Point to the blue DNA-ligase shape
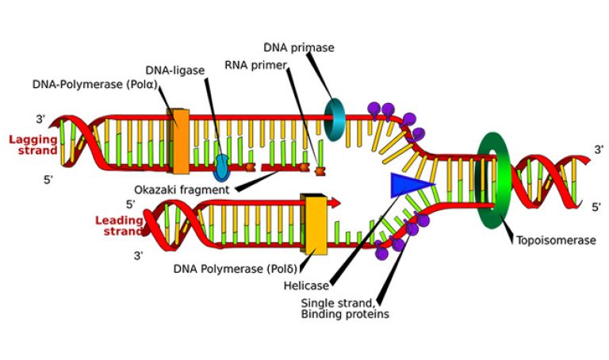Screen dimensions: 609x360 (x=222, y=168)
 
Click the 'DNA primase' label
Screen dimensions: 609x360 (x=299, y=48)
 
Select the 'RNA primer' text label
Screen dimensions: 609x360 (x=255, y=65)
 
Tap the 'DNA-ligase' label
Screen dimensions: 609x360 (x=174, y=71)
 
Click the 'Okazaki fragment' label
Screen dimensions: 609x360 (x=182, y=190)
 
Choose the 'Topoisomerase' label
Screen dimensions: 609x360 (x=556, y=240)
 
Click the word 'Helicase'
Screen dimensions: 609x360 (x=306, y=285)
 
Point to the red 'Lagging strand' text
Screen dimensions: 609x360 (x=33, y=145)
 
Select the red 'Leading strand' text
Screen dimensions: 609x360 (x=119, y=226)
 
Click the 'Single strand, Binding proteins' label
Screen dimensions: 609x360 (x=345, y=308)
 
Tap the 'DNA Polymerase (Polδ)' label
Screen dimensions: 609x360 (x=236, y=269)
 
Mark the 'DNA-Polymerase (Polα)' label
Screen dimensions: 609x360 (x=95, y=84)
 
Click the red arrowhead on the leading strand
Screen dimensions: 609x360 (x=335, y=202)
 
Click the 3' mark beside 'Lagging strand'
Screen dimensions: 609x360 (x=41, y=119)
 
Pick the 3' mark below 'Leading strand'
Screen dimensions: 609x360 (x=139, y=256)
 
